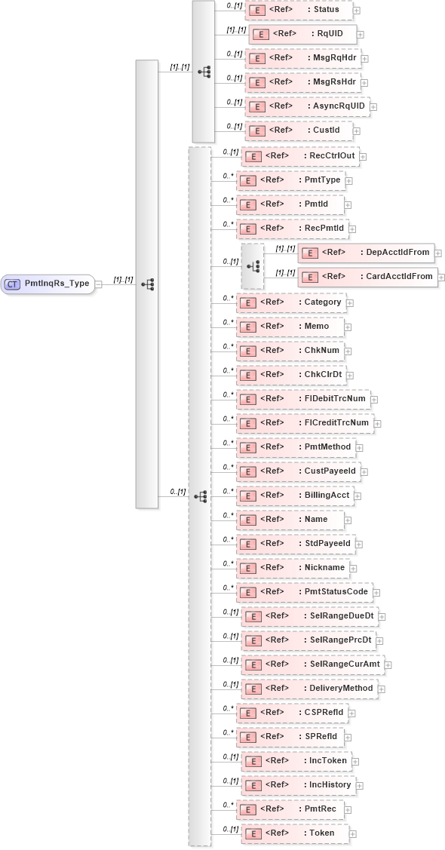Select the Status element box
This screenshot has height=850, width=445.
299,10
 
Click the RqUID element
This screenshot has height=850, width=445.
302,34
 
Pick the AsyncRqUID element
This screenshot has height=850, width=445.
308,106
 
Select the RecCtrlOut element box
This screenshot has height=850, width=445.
299,156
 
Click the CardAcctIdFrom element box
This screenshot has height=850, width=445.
367,277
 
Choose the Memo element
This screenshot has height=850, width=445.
290,326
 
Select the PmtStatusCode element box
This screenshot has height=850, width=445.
303,591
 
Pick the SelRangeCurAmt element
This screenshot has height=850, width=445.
312,664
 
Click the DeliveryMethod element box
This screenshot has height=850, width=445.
310,688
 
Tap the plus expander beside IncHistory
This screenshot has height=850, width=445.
359,786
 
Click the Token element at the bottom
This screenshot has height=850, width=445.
295,833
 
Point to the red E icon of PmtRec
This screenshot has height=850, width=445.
245,809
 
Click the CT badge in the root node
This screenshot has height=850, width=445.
13,284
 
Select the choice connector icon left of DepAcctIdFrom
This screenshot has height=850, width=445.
253,265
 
